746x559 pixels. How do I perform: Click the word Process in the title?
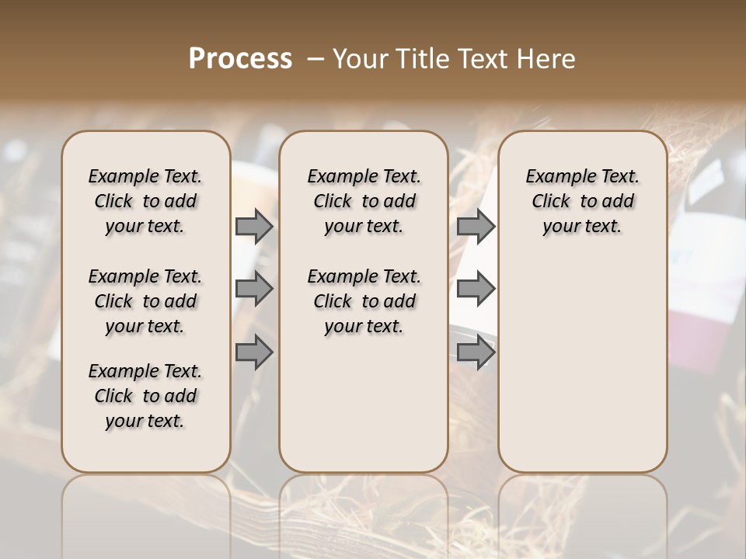click(240, 58)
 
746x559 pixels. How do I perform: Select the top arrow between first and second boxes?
click(253, 226)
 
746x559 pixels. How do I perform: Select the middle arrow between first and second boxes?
click(253, 289)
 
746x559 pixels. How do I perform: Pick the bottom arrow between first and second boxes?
click(253, 352)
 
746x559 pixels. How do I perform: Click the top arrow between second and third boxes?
click(475, 226)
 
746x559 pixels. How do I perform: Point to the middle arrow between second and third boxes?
click(475, 289)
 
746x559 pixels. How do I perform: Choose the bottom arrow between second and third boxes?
click(475, 352)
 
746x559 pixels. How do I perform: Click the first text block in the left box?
click(145, 201)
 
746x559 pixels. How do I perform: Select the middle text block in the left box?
click(145, 301)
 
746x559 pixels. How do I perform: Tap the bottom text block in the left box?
click(145, 396)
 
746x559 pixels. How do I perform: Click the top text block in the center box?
click(364, 201)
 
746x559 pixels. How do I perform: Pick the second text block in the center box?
click(364, 301)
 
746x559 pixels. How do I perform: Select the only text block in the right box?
click(582, 201)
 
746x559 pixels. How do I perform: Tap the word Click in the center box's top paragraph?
click(332, 202)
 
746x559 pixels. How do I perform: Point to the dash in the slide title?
click(315, 59)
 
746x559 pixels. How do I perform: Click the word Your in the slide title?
click(358, 59)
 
